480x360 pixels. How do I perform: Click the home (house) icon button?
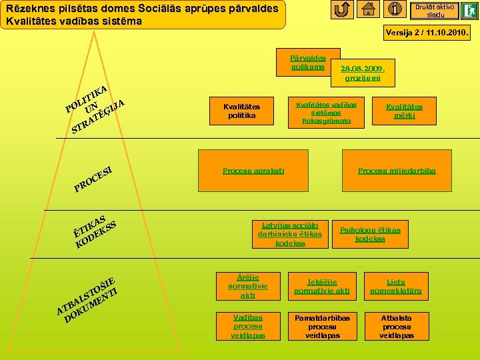(368, 10)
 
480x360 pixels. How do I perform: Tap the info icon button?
(395, 10)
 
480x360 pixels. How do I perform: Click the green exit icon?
(469, 11)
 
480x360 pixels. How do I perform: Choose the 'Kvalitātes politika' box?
(241, 111)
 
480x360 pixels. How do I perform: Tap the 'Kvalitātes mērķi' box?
(404, 111)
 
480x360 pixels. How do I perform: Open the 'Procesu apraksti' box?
(253, 171)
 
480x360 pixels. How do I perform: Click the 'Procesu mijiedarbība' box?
(397, 171)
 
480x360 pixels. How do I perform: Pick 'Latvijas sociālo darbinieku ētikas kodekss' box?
(290, 234)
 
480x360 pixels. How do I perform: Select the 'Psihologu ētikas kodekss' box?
(370, 234)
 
